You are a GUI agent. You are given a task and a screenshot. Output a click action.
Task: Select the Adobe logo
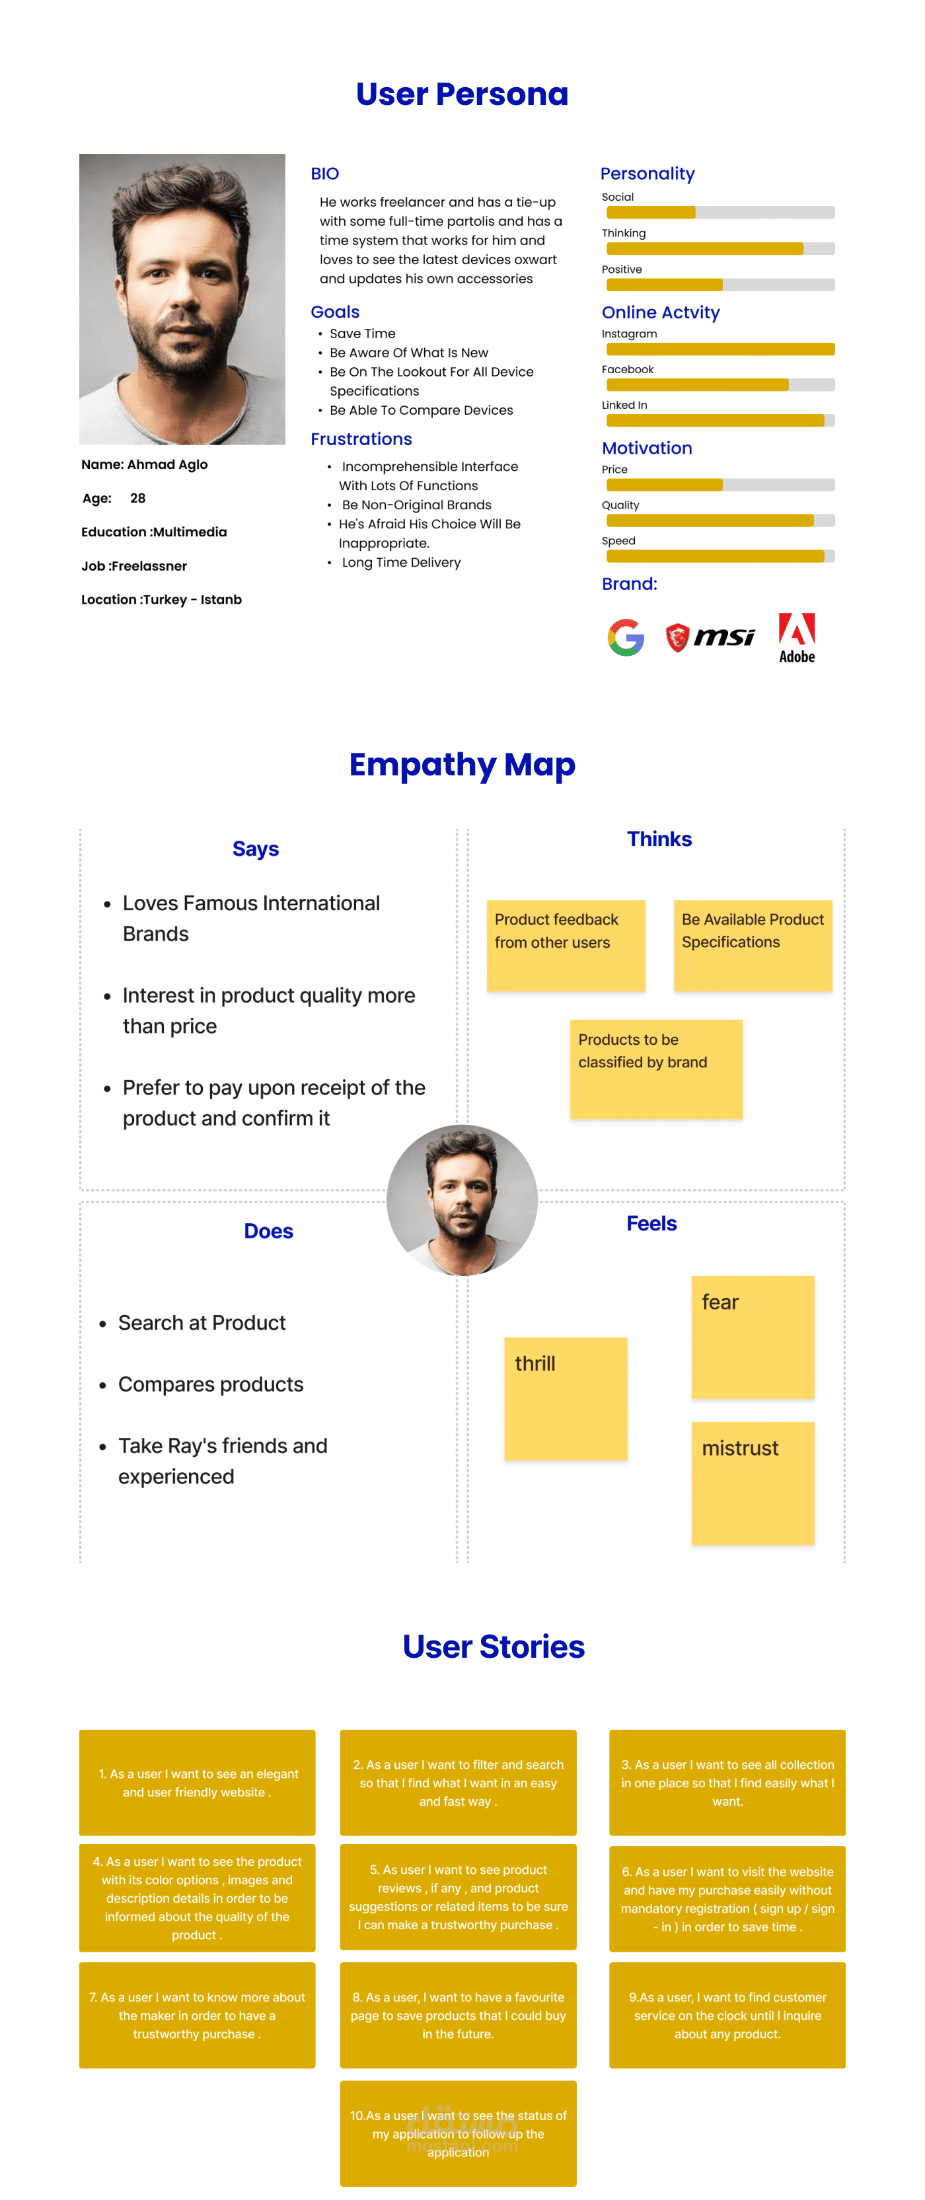coord(796,637)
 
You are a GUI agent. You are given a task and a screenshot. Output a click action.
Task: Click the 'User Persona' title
coord(462,94)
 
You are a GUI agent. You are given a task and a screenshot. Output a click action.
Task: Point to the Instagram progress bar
coord(720,349)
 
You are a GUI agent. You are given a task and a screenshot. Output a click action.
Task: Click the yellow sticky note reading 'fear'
coord(752,1337)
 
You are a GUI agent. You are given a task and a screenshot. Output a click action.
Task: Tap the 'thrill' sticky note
coord(566,1398)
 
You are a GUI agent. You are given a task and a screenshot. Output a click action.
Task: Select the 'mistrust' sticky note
coord(752,1483)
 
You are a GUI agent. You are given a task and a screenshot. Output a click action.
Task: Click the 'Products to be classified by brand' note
coord(655,1069)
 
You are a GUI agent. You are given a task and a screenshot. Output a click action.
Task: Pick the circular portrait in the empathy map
coord(462,1200)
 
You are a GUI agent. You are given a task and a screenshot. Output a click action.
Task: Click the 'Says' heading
coord(256,849)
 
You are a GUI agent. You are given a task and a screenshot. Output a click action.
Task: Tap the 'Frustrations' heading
coord(361,439)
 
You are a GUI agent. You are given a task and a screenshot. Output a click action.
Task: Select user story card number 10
coord(458,2133)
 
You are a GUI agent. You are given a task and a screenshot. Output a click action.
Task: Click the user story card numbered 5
coord(458,1897)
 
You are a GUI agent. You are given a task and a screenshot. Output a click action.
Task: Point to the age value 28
coord(137,498)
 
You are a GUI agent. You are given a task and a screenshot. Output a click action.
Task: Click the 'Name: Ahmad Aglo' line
coord(144,464)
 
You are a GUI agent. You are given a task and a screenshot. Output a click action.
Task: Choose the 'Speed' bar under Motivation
coord(720,556)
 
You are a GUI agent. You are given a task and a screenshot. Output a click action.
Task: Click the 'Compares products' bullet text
coord(211,1384)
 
